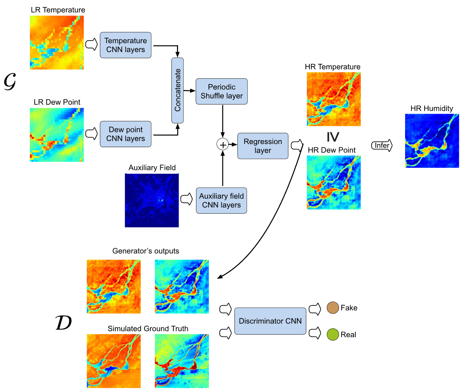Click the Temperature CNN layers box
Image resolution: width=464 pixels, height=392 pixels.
[125, 45]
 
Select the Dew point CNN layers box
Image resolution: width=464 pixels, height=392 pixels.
[125, 134]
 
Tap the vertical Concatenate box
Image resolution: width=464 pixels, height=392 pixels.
[177, 90]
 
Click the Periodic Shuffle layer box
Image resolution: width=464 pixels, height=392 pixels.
[221, 91]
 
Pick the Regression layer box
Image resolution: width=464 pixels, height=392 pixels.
[263, 146]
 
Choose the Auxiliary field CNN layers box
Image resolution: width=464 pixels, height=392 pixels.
[221, 200]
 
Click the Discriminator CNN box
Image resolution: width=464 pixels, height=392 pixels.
[270, 321]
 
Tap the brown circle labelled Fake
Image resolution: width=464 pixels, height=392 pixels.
[333, 308]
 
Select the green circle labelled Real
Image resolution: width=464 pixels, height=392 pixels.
[333, 334]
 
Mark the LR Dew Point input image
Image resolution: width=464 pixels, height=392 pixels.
[57, 134]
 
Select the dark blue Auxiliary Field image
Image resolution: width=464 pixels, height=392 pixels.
[152, 200]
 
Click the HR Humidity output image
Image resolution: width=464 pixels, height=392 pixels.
[432, 141]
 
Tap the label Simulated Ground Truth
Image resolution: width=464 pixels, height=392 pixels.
[148, 329]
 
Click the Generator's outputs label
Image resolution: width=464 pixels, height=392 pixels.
[146, 251]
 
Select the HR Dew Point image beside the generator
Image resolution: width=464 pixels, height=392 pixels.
[333, 183]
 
